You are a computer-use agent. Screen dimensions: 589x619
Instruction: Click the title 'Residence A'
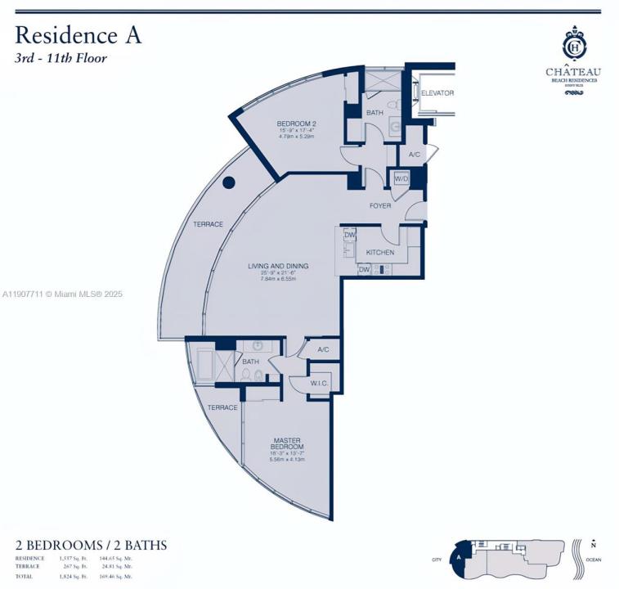point(78,35)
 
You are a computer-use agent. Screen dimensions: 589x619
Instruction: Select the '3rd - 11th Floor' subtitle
point(61,58)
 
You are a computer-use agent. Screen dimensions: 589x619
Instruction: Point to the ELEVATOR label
point(437,93)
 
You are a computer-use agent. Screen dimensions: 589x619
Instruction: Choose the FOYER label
point(380,205)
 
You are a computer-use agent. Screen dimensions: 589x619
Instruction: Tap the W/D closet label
point(401,178)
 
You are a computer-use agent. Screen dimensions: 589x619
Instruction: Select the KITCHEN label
point(380,252)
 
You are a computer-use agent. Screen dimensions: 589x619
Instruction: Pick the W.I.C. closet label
point(320,383)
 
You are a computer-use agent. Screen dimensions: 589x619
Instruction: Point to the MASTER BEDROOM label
point(287,443)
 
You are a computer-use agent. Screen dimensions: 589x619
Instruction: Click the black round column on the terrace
point(230,182)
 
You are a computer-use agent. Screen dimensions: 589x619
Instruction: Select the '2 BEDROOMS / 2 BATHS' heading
point(91,545)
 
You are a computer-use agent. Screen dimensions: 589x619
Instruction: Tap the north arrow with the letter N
point(594,543)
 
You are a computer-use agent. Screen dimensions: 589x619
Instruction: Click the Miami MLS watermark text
point(62,294)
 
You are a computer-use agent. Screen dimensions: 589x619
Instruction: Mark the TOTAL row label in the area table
point(25,576)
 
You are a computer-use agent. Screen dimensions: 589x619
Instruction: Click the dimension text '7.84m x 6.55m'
point(279,279)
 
